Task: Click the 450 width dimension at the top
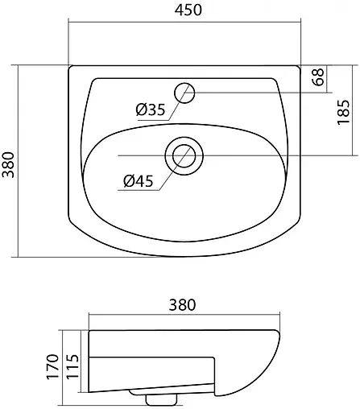pyautogui.click(x=183, y=10)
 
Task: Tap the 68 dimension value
pyautogui.click(x=319, y=79)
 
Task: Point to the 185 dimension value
pyautogui.click(x=343, y=110)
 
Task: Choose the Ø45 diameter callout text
pyautogui.click(x=139, y=181)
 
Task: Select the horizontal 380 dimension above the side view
pyautogui.click(x=183, y=305)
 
